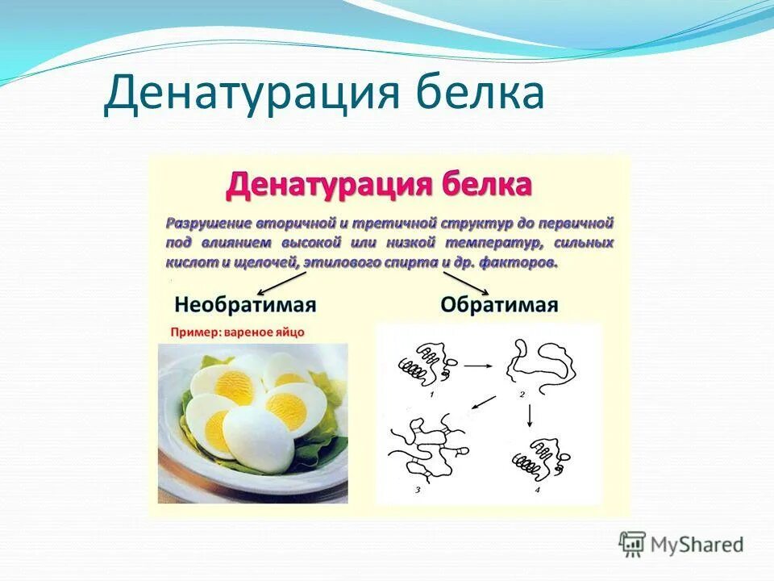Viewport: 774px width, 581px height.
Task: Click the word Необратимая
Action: [x=244, y=305]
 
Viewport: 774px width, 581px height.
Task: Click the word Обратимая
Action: [x=499, y=305]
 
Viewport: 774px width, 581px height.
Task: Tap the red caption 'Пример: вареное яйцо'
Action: [x=238, y=332]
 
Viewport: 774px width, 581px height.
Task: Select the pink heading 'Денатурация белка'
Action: [x=379, y=184]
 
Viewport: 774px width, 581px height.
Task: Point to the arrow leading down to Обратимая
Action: [x=465, y=282]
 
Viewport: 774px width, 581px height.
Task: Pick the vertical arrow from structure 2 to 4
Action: [x=529, y=415]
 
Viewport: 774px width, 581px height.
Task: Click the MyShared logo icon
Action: [x=633, y=544]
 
